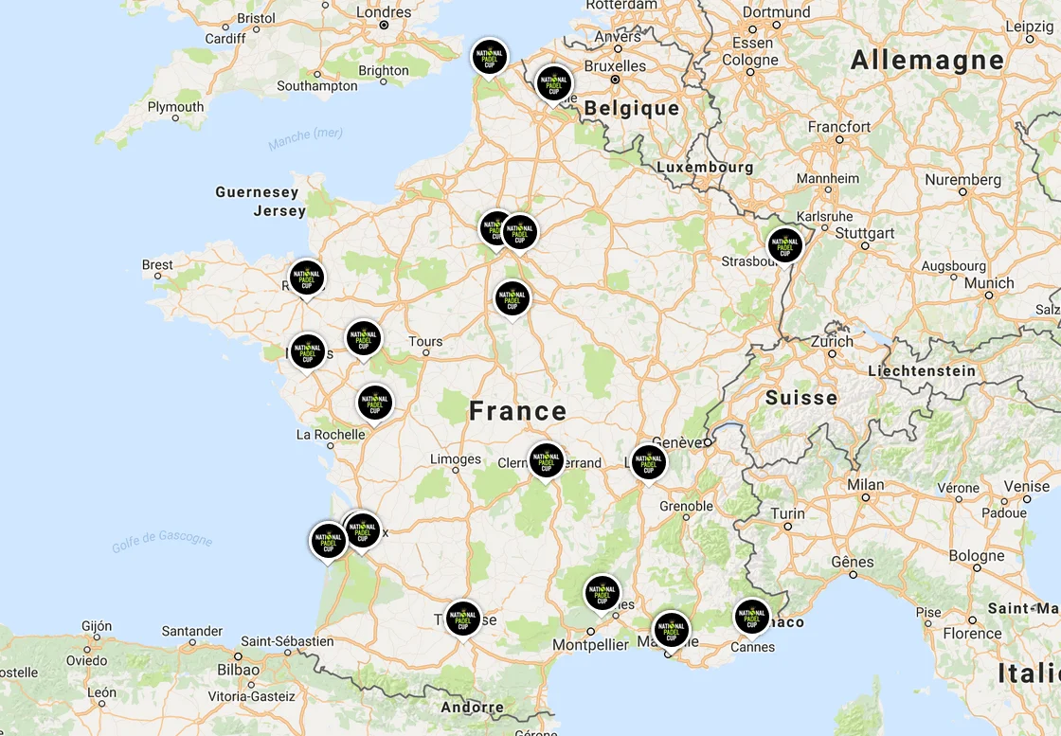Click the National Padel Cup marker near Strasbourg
[x=784, y=245]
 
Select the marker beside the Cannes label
[x=752, y=617]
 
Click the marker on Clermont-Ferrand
[x=546, y=460]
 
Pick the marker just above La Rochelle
[x=375, y=403]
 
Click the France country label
[x=518, y=411]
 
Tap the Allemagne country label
[x=926, y=61]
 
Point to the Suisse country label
[x=801, y=397]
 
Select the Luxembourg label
[x=705, y=167]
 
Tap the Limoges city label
[x=456, y=459]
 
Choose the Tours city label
[x=425, y=341]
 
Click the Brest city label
[x=157, y=264]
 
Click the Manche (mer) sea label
[x=305, y=138]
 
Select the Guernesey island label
[x=257, y=192]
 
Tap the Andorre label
[x=473, y=707]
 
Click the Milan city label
[x=865, y=484]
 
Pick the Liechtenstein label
[x=922, y=371]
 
